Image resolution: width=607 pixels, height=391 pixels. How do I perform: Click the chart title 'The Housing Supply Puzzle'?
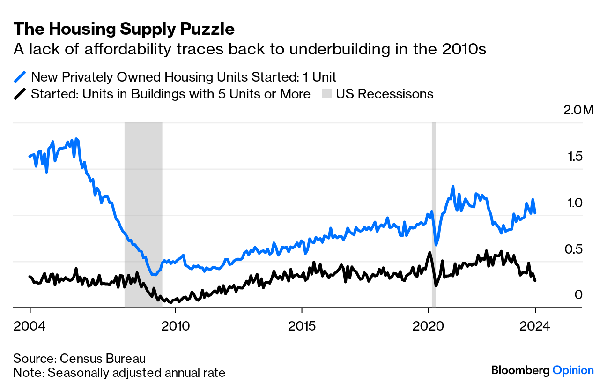tap(124, 29)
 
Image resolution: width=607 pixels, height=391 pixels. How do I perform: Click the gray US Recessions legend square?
tap(326, 94)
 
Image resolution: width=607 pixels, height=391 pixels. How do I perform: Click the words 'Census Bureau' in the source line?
tap(103, 359)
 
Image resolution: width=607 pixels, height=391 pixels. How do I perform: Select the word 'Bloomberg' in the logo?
tap(520, 370)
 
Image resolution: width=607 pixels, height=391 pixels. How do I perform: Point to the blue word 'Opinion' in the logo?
tap(573, 370)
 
